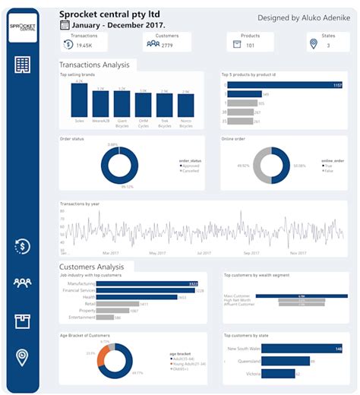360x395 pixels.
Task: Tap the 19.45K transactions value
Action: (84, 45)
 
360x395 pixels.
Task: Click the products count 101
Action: (251, 45)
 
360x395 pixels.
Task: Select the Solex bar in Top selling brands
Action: (81, 100)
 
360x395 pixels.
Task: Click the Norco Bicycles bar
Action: (185, 104)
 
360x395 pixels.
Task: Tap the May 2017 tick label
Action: (157, 253)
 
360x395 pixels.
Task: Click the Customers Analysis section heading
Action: (92, 267)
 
